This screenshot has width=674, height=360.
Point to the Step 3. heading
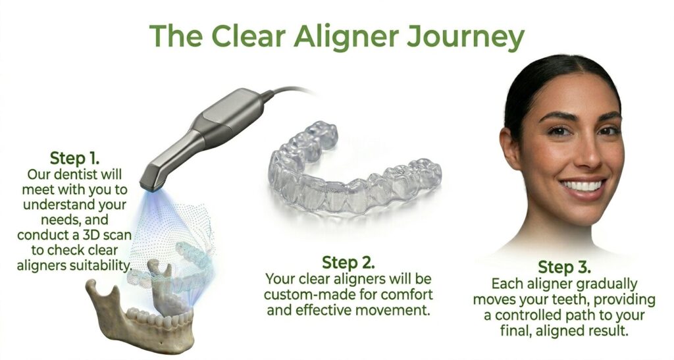pyautogui.click(x=564, y=267)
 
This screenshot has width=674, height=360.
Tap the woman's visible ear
pyautogui.click(x=508, y=141)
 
